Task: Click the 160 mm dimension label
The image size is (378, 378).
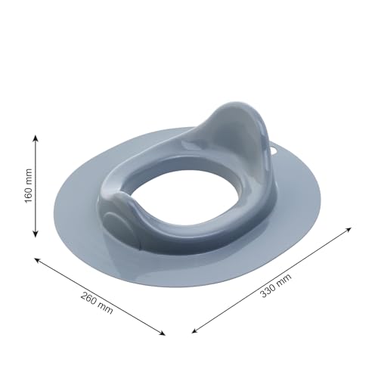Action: coord(29,186)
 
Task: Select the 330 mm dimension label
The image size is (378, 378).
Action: coord(276,285)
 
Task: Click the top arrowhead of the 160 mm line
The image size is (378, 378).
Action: coord(36,138)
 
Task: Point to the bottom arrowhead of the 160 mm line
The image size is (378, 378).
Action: coord(36,234)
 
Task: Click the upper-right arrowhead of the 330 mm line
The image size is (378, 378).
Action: coord(349,229)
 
